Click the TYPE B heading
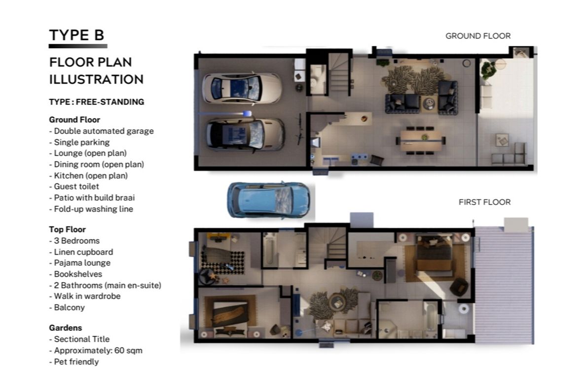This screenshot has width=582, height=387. [x=76, y=35]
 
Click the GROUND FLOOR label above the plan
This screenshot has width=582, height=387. [x=478, y=36]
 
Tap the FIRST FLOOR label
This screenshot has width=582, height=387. [x=484, y=202]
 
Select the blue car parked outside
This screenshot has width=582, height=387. [x=269, y=200]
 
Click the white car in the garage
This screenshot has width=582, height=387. [x=242, y=88]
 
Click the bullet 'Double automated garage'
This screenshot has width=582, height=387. [x=101, y=131]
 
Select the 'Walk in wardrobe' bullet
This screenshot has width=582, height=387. [x=85, y=296]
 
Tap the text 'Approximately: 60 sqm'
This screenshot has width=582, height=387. [x=95, y=350]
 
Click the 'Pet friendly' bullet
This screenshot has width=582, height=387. [x=74, y=361]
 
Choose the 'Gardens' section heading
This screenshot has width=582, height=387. [x=65, y=328]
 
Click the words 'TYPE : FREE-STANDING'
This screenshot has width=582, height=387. [x=97, y=102]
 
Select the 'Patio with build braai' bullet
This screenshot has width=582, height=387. [x=92, y=197]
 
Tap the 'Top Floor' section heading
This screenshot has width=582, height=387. [x=67, y=229]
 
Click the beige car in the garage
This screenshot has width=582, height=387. [x=245, y=135]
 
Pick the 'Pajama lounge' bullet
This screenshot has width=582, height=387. [x=80, y=263]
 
